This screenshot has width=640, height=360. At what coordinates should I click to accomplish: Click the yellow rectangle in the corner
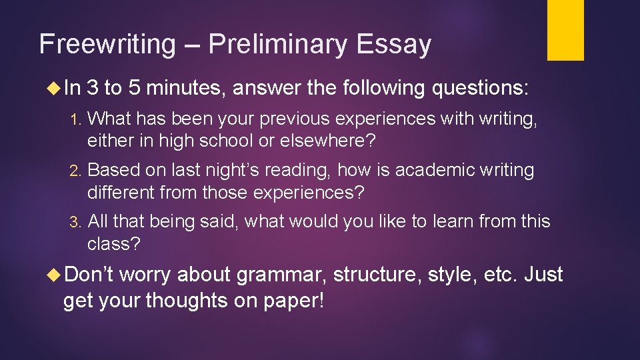point(565,29)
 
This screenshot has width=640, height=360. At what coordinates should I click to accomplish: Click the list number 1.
point(75,119)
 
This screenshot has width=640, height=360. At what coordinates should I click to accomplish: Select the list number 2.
point(75,171)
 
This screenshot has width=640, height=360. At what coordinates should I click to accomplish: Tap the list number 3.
point(75,221)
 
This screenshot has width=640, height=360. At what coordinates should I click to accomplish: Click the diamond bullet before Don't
point(56,275)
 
